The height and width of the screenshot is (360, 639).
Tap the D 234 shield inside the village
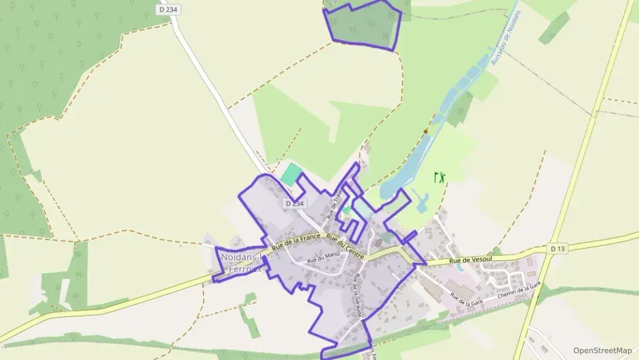pyautogui.click(x=295, y=204)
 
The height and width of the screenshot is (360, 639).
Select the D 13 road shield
pyautogui.click(x=558, y=248)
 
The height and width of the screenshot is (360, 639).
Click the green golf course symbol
pyautogui.click(x=440, y=177)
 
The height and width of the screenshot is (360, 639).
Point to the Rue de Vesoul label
pyautogui.click(x=470, y=261)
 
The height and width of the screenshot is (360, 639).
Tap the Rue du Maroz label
pyautogui.click(x=324, y=258)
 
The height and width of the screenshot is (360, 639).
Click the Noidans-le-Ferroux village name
pyautogui.click(x=242, y=263)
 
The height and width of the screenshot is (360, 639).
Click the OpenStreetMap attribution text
pyautogui.click(x=602, y=350)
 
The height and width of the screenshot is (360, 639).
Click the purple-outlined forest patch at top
pyautogui.click(x=363, y=25)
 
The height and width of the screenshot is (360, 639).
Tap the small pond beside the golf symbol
pyautogui.click(x=421, y=199)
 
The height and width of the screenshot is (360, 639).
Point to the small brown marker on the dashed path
pyautogui.click(x=425, y=130)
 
